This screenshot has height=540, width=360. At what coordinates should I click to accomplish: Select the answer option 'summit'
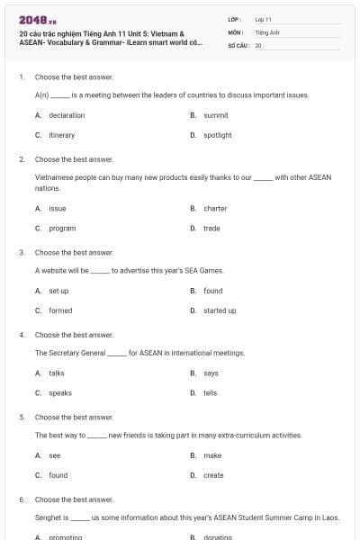[x=216, y=115]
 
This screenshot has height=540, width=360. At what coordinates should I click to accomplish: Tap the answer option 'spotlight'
[x=218, y=135]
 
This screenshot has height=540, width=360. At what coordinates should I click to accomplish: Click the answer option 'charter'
[x=215, y=208]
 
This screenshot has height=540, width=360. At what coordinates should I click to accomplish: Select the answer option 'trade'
[x=211, y=229]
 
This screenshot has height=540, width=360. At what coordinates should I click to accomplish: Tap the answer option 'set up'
[x=58, y=291]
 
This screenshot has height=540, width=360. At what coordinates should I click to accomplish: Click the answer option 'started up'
[x=220, y=310]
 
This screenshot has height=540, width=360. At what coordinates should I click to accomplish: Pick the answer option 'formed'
[x=60, y=310]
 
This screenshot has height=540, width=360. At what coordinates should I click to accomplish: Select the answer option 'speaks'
[x=58, y=392]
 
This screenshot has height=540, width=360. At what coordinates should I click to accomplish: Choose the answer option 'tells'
[x=210, y=392]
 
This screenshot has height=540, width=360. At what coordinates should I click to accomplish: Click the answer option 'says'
[x=211, y=373]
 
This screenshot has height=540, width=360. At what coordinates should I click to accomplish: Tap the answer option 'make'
[x=212, y=455]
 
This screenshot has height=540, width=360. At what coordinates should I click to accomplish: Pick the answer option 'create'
[x=213, y=475]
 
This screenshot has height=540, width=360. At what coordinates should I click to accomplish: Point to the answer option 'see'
[x=55, y=455]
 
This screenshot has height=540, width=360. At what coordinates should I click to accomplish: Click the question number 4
[x=22, y=335]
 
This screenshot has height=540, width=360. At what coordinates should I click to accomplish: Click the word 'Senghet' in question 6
[x=47, y=517]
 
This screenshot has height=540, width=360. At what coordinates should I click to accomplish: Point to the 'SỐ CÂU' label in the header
[x=238, y=44]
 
